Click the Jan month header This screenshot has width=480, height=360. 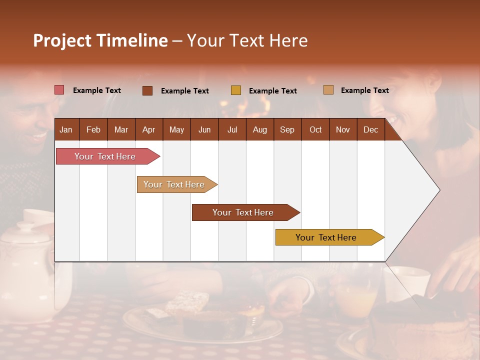66,129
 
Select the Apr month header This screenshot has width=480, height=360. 148,129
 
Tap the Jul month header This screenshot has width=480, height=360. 232,129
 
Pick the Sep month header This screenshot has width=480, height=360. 287,129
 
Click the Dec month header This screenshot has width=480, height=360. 370,129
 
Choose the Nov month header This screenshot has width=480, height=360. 342,129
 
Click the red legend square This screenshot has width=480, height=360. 59,90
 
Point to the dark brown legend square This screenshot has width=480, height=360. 147,90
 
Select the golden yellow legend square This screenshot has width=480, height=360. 235,90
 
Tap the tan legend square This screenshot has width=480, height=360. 328,90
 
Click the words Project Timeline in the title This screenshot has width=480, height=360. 100,40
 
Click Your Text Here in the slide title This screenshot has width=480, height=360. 247,40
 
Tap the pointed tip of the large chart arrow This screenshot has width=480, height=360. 438,189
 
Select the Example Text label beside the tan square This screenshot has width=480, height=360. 364,90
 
